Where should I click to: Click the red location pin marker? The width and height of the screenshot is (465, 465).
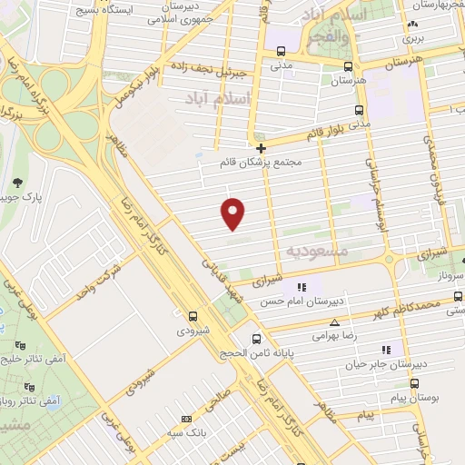click(233, 213)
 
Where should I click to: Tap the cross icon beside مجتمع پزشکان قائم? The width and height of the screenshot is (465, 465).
click(261, 147)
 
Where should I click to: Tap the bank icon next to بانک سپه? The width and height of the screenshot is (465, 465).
click(186, 420)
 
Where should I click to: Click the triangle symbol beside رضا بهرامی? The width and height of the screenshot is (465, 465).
click(335, 322)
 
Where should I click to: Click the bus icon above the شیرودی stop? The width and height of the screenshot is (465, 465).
click(193, 316)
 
